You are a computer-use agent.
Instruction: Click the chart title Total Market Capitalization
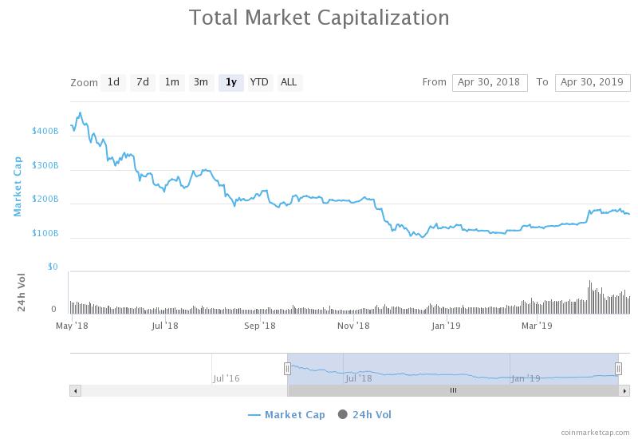[x=319, y=18]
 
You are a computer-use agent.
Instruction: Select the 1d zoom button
[x=113, y=82]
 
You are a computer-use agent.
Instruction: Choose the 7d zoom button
[x=143, y=82]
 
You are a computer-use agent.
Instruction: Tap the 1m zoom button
[x=171, y=82]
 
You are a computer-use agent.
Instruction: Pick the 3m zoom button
[x=201, y=82]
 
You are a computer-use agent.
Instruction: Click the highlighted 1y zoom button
[x=230, y=82]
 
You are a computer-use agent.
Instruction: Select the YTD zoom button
[x=259, y=82]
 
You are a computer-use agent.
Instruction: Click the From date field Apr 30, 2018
[x=489, y=82]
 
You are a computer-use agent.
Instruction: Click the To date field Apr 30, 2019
[x=593, y=82]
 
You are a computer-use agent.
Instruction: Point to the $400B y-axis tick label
[x=45, y=131]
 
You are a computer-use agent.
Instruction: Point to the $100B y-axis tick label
[x=45, y=233]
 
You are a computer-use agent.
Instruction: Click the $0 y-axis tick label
[x=52, y=267]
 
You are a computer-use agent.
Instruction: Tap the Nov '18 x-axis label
[x=352, y=326]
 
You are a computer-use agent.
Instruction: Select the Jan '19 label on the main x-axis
[x=445, y=326]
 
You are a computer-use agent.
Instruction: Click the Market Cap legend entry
[x=287, y=414]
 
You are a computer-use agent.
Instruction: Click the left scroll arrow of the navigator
[x=76, y=390]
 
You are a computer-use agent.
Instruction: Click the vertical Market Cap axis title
[x=18, y=186]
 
